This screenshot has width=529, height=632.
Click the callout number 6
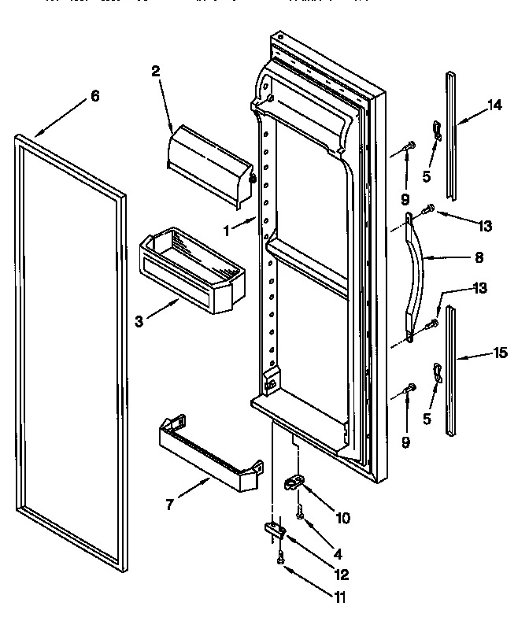pyautogui.click(x=94, y=96)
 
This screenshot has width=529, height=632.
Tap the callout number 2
pyautogui.click(x=155, y=70)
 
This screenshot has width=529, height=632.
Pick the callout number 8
pyautogui.click(x=479, y=257)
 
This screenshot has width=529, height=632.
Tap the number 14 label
pyautogui.click(x=494, y=108)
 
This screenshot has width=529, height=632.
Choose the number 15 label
pyautogui.click(x=500, y=354)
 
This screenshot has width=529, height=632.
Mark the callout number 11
pyautogui.click(x=339, y=597)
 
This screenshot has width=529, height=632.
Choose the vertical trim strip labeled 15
pyautogui.click(x=450, y=370)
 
